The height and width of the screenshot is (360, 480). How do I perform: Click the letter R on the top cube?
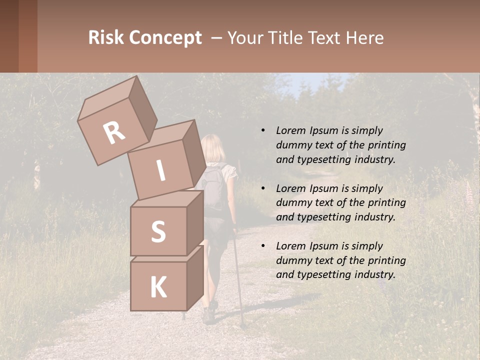tap(114, 133)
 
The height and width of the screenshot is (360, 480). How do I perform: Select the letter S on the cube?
tap(158, 231)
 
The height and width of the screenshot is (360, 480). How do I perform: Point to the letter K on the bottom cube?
tap(158, 287)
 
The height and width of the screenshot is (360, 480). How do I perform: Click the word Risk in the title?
tap(105, 38)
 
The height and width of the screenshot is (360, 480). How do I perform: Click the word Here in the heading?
tap(363, 38)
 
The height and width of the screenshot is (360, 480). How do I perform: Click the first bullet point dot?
tap(263, 130)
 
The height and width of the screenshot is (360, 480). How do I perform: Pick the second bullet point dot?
tap(263, 188)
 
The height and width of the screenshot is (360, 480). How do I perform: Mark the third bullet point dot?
tap(263, 246)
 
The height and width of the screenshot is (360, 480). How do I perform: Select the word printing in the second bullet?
tap(386, 202)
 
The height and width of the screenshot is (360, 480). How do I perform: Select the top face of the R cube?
tap(107, 98)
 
